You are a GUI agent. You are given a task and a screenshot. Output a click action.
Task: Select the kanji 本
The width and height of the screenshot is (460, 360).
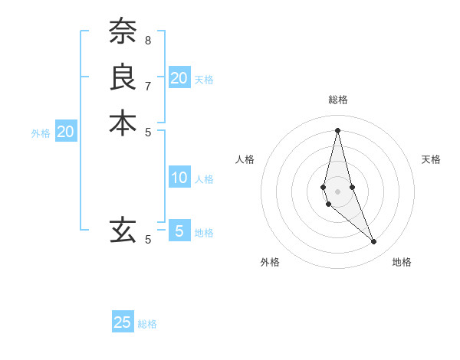123,123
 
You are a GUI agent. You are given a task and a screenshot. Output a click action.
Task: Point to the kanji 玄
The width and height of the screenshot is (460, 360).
123,229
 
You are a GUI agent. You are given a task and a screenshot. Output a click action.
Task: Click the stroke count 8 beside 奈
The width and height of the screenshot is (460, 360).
147,40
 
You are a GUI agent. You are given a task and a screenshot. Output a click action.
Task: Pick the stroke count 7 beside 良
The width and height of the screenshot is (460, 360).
147,85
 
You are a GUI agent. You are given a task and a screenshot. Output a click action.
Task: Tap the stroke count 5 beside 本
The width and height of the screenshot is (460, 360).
147,131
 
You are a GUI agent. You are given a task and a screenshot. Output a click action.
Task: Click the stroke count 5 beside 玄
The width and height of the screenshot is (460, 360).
147,239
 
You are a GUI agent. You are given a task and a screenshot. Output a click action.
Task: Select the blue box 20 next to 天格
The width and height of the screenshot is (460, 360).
179,77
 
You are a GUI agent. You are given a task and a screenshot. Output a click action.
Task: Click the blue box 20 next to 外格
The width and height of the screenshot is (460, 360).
66,131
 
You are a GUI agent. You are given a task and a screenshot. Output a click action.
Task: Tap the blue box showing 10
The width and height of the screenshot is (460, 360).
179,178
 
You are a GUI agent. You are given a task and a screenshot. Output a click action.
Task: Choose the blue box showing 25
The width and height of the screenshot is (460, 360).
123,322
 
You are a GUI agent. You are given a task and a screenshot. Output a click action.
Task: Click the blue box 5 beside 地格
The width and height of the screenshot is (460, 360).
179,231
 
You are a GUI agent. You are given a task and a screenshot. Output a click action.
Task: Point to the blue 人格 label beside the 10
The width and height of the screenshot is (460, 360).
204,179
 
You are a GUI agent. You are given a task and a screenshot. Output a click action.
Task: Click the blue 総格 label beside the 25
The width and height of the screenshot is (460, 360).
148,324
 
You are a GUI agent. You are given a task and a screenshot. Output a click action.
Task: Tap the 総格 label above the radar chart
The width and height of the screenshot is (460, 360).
338,100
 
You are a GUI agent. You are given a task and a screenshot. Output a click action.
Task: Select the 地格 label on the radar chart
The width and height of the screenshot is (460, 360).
402,263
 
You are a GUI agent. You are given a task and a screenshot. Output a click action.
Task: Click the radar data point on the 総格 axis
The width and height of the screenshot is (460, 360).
338,130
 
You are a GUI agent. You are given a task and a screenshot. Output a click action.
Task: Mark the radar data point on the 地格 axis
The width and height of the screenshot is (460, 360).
374,242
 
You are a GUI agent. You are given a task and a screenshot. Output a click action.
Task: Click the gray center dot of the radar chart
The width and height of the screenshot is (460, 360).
338,181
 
